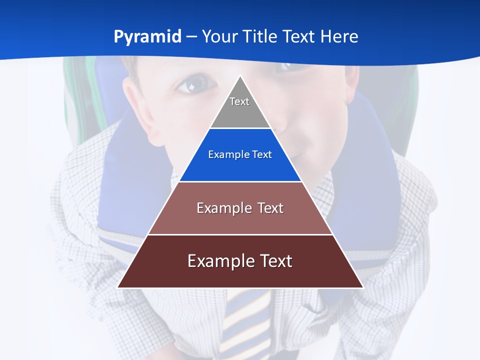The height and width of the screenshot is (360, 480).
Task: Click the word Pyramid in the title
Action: tap(147, 37)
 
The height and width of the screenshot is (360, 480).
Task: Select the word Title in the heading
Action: tap(261, 37)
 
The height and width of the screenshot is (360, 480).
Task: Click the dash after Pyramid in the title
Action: tap(191, 37)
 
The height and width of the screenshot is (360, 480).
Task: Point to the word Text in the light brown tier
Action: tap(270, 208)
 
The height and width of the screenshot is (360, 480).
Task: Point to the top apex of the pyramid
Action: tap(240, 76)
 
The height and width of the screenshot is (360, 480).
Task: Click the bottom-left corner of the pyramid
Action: tap(118, 287)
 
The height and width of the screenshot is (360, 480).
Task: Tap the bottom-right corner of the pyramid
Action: tap(362, 287)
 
